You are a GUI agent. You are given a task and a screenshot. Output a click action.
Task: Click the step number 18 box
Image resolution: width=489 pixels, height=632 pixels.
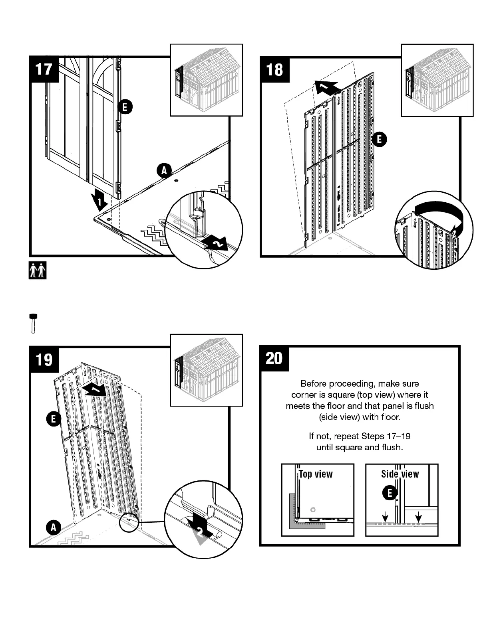(x=274, y=69)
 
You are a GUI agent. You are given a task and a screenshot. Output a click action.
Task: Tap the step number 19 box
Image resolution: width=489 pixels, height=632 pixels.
(x=44, y=359)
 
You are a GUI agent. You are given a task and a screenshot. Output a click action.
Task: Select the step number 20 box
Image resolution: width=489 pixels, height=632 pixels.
(x=274, y=358)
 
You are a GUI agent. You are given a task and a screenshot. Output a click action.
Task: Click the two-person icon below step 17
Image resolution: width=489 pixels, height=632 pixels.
(x=38, y=271)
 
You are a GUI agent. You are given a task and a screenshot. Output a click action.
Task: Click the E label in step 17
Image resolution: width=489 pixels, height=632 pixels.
(x=125, y=107)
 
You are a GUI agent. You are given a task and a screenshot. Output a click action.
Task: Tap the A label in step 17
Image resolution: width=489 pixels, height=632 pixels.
(x=164, y=170)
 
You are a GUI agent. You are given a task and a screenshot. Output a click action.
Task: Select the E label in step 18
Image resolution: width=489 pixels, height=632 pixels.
(x=379, y=139)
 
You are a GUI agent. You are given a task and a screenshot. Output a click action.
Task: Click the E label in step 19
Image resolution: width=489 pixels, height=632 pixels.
(x=53, y=419)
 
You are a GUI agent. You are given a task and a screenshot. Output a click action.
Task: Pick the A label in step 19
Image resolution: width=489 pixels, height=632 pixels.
(x=53, y=527)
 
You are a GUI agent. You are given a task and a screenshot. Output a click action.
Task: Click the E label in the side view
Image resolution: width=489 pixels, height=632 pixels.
(x=390, y=493)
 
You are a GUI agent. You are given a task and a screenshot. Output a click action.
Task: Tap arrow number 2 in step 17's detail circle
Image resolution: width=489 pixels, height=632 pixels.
(x=215, y=243)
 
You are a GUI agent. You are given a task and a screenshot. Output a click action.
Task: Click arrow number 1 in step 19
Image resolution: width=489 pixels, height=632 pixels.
(x=93, y=390)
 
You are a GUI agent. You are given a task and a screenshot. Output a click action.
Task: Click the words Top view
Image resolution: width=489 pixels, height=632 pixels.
(x=316, y=474)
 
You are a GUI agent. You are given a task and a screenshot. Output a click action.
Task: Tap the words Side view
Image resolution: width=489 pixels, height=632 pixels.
(x=400, y=474)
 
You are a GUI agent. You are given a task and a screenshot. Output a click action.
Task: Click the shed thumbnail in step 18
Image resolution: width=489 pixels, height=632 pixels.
(x=437, y=80)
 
